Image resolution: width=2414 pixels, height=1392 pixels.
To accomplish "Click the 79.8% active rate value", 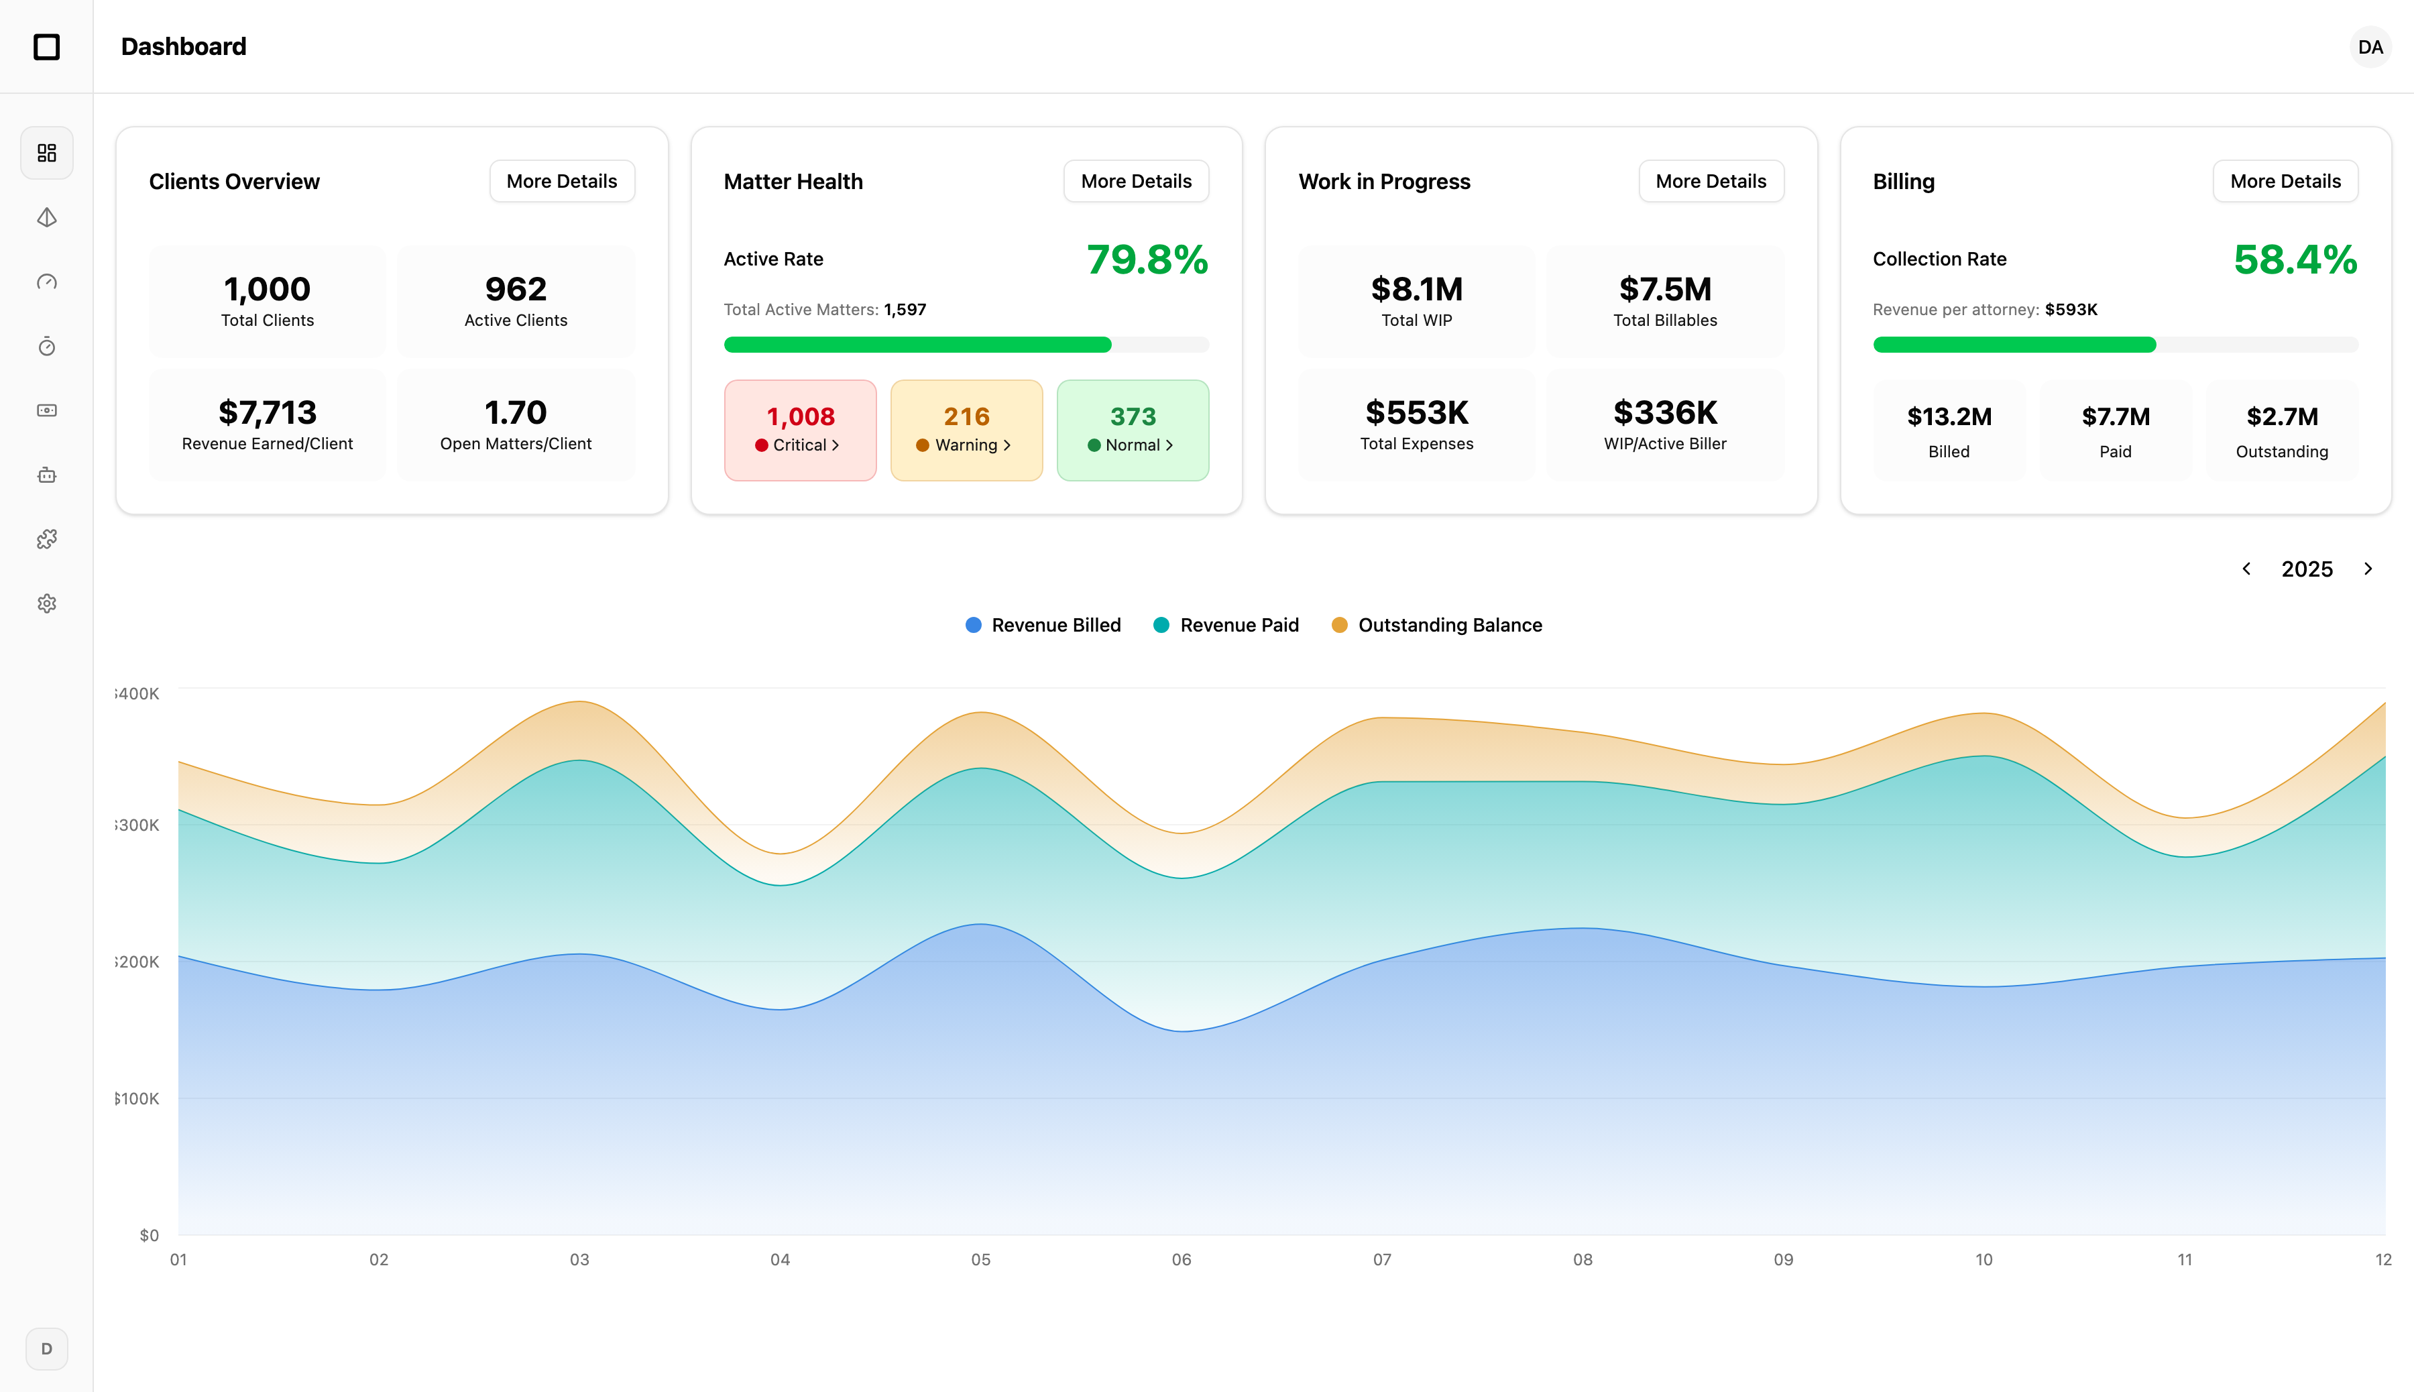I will pos(1146,260).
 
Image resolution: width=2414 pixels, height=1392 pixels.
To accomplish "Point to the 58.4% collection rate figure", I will pos(2295,260).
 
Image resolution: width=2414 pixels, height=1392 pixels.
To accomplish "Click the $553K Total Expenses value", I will pos(1416,413).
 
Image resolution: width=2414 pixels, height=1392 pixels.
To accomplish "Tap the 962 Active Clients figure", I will pos(515,290).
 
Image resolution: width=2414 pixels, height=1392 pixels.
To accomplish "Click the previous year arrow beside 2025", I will pos(2246,569).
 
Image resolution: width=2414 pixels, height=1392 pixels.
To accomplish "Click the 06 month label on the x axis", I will pos(1181,1259).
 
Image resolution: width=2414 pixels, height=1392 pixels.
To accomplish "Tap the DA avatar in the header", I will pos(2369,47).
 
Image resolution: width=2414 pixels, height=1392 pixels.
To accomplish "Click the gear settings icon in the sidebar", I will pos(47,603).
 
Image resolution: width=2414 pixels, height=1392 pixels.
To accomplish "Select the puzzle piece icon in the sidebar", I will pos(47,539).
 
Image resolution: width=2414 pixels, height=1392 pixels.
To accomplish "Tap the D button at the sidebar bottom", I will pos(47,1348).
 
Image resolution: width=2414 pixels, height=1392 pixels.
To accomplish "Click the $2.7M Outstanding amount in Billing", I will pos(2281,417).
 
